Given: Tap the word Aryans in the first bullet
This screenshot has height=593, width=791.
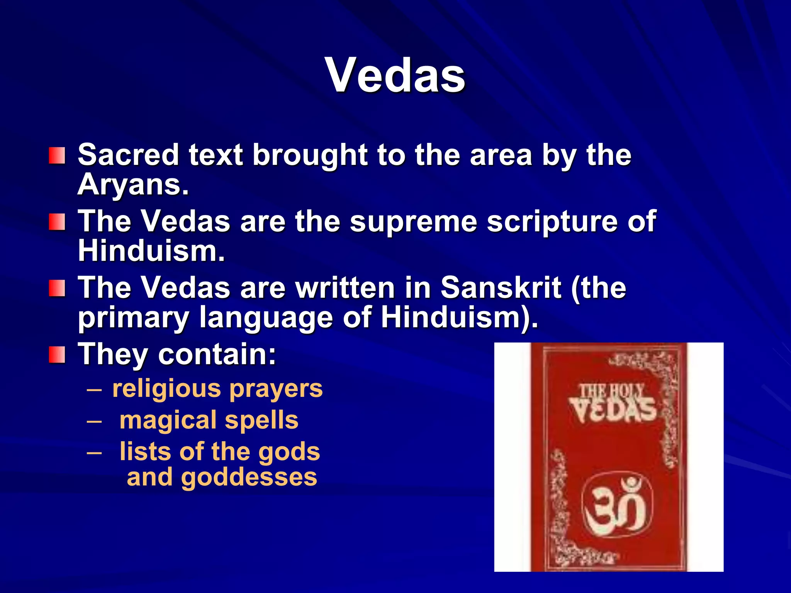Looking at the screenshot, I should click(133, 185).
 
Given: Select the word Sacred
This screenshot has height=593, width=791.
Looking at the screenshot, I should click(128, 155).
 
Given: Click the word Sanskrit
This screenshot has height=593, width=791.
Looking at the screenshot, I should click(501, 288).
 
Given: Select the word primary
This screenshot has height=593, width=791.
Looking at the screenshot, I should click(133, 318).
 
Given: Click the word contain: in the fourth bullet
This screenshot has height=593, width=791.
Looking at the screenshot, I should click(217, 354).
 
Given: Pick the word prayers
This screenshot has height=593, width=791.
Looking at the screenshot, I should click(276, 389).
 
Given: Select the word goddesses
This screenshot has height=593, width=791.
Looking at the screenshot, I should click(249, 477).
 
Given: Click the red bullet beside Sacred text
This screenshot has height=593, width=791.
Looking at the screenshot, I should click(57, 156).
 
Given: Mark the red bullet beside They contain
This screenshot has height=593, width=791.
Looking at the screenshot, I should click(57, 355).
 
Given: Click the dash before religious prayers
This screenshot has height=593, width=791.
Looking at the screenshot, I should click(94, 389).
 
